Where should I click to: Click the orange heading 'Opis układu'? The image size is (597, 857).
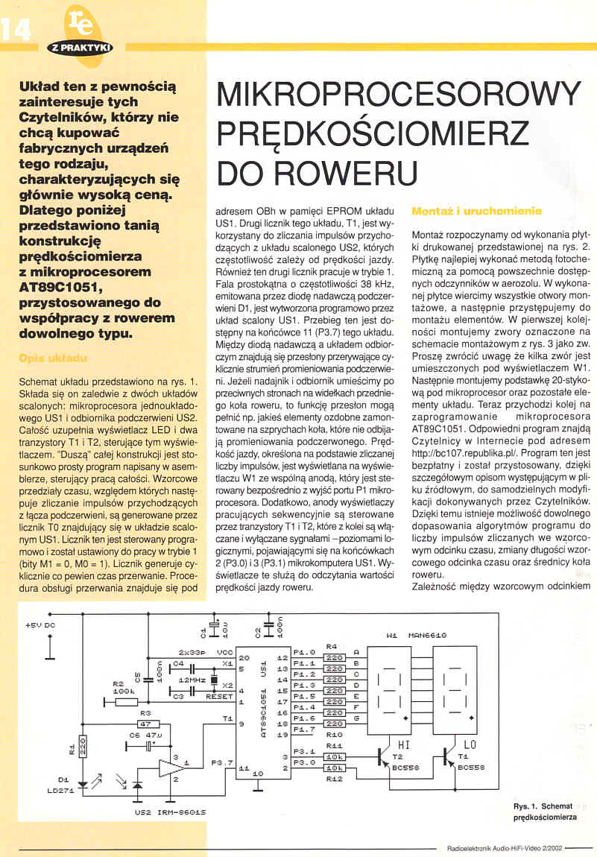click(58, 358)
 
